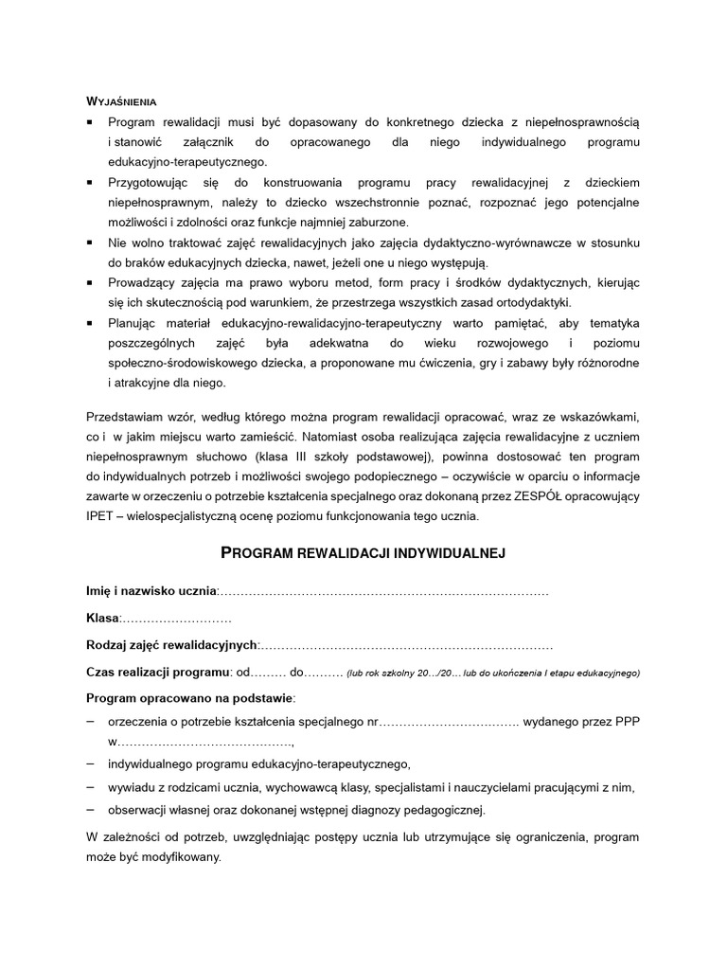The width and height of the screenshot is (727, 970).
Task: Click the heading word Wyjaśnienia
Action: [x=121, y=100]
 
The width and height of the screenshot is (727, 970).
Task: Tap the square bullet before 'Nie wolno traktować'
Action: [x=90, y=242]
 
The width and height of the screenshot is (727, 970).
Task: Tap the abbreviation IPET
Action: [x=100, y=516]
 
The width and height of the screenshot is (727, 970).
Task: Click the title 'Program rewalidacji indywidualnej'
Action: [x=363, y=553]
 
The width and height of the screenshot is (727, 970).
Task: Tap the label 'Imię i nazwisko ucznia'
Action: [x=151, y=591]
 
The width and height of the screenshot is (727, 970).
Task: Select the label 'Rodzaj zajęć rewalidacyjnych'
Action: [x=171, y=645]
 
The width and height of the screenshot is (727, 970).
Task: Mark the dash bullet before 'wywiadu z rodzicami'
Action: [x=90, y=786]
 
